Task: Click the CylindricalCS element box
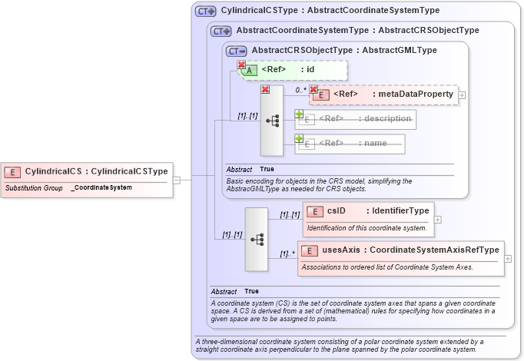86,171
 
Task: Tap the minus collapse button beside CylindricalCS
176,180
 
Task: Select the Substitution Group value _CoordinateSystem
101,188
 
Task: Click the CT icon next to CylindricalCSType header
205,12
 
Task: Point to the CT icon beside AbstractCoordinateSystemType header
221,31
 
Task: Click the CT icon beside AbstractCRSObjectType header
236,50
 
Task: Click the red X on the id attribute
241,65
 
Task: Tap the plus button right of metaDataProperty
462,95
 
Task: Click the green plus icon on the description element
299,114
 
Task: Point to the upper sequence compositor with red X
272,121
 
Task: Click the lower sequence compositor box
256,239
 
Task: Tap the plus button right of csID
437,220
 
